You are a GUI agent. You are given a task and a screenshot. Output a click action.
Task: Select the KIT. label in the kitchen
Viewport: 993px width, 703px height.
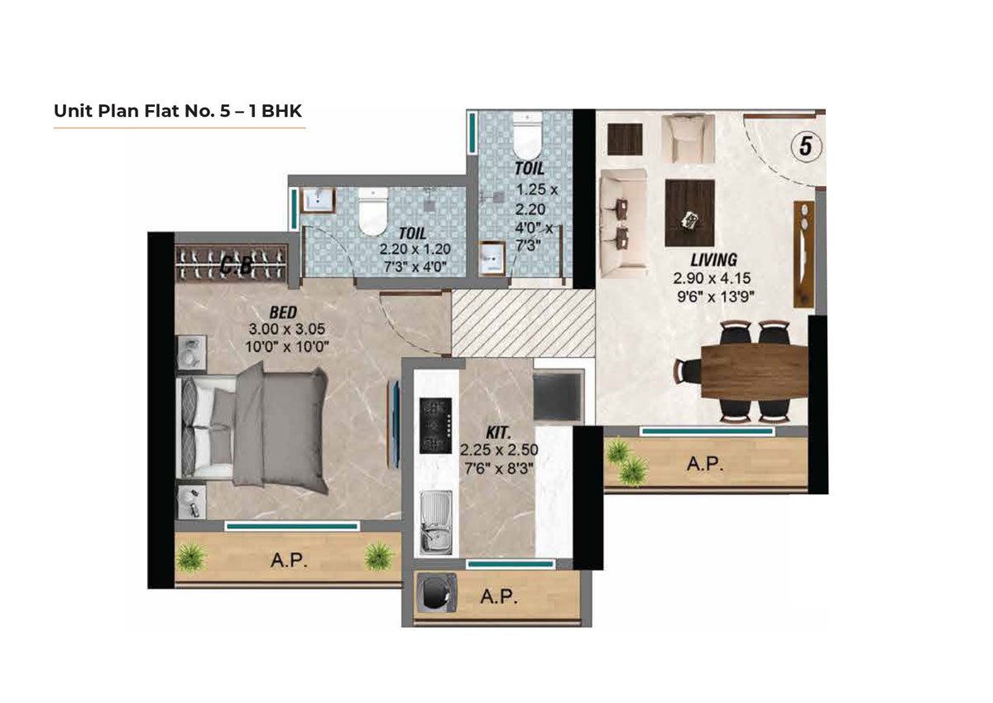(x=497, y=432)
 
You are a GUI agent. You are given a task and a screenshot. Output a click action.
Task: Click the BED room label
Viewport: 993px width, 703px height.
(x=284, y=312)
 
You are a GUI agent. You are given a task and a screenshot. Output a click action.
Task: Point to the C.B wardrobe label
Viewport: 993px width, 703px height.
(x=236, y=265)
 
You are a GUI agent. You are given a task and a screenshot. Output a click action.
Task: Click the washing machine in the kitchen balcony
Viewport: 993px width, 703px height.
(x=434, y=595)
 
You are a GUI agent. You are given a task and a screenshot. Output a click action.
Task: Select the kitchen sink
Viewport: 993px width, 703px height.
(x=434, y=522)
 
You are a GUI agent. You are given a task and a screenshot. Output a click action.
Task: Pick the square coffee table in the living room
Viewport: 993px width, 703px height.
(x=689, y=214)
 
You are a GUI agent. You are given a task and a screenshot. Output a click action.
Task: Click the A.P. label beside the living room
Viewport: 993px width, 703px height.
(x=705, y=465)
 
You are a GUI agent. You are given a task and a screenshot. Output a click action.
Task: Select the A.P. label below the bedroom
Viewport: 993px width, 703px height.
(x=290, y=561)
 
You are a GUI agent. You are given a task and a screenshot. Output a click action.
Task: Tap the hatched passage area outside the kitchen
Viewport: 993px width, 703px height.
(x=523, y=323)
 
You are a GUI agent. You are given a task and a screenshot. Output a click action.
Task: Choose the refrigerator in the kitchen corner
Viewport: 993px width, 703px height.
(x=559, y=397)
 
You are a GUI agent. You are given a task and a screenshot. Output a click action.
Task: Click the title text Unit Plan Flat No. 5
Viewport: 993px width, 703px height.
(x=177, y=110)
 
